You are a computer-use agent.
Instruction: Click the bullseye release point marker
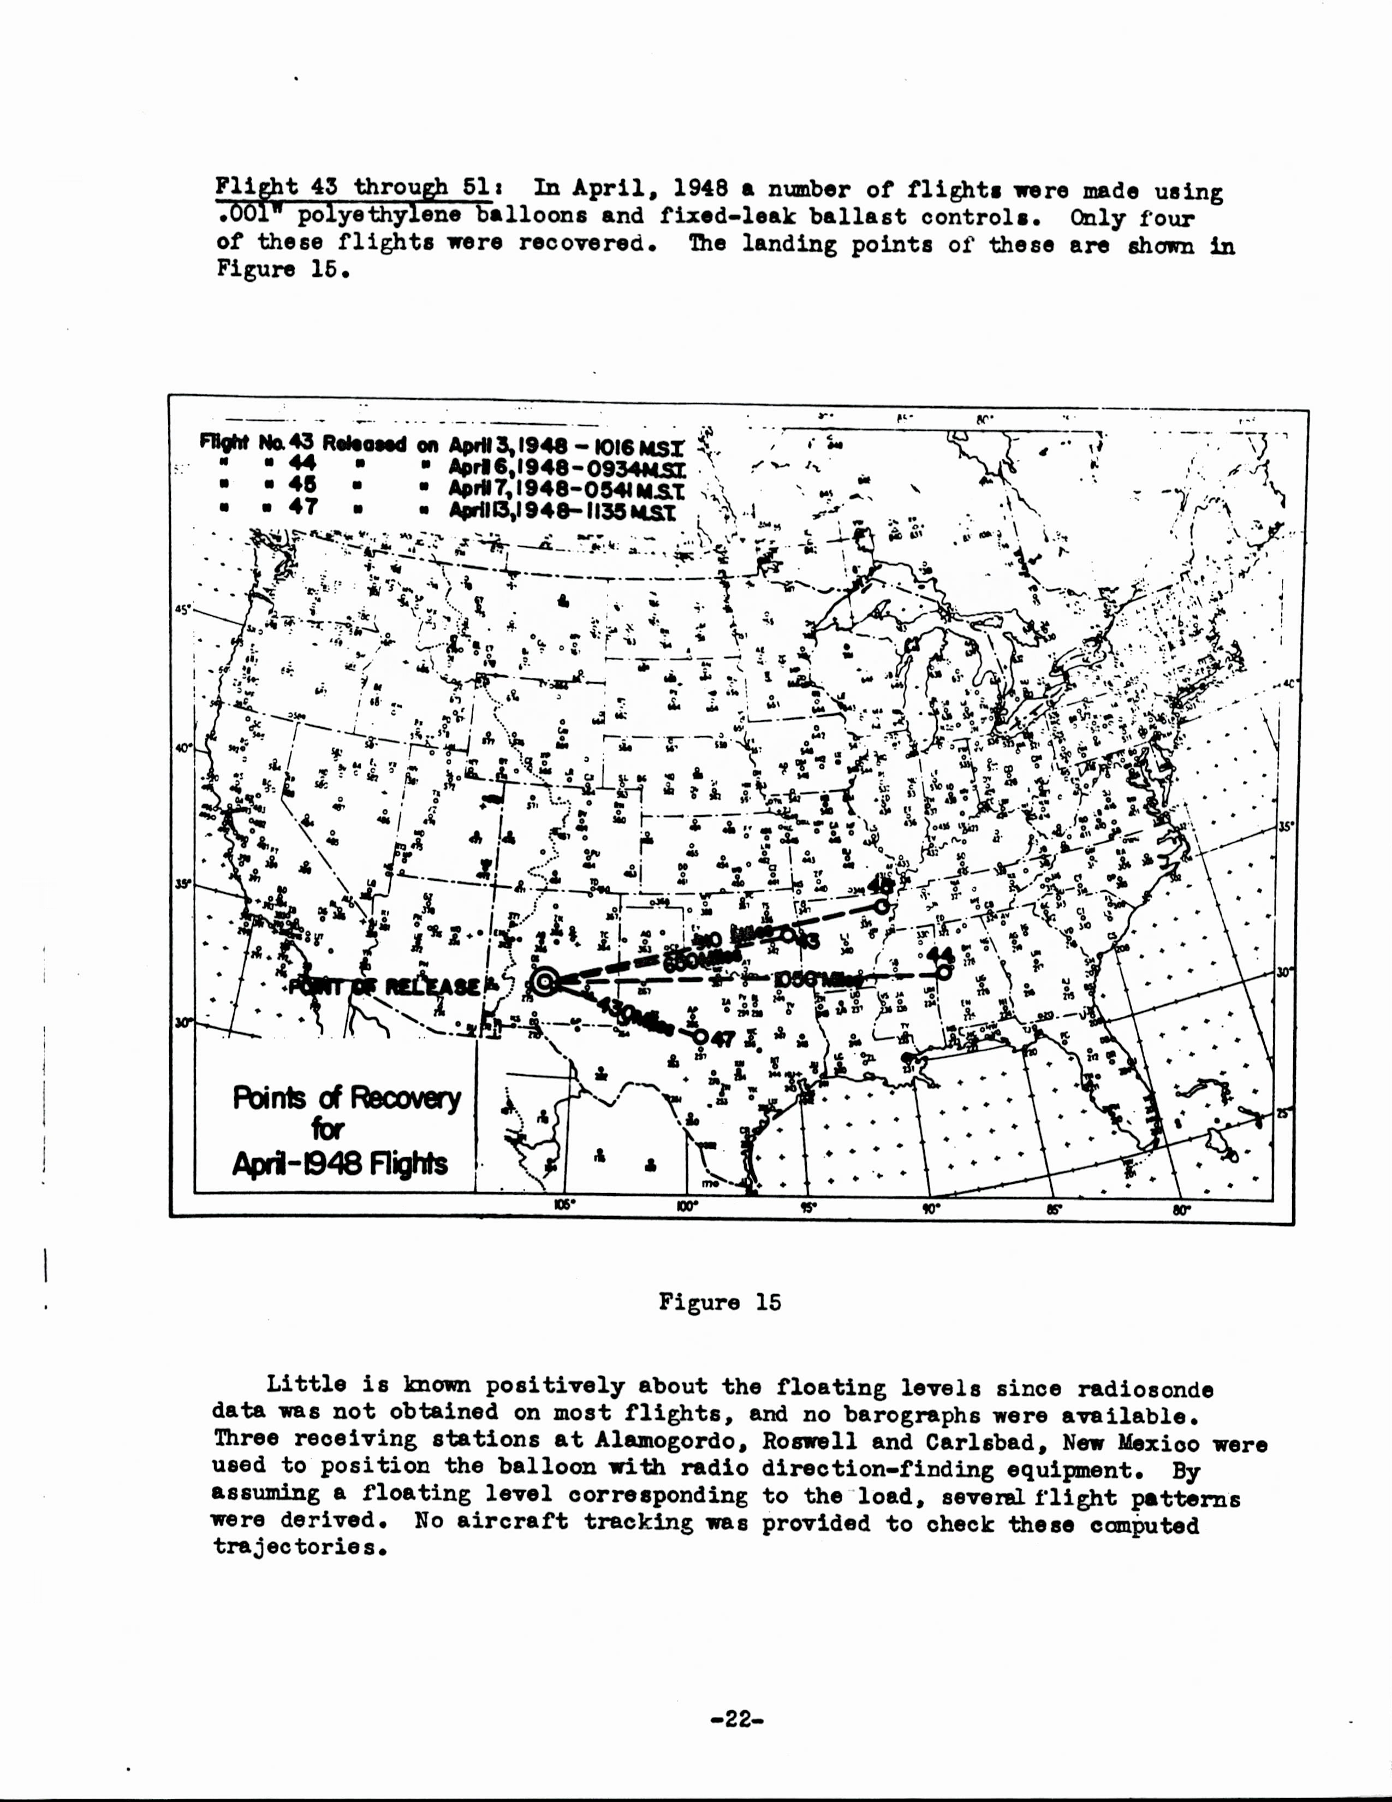coord(544,981)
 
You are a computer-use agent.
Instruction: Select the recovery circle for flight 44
coord(944,972)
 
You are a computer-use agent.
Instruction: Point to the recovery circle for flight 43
coord(788,935)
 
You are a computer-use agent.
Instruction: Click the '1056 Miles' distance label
coord(818,980)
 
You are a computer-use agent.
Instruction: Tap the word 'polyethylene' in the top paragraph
coord(361,218)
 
